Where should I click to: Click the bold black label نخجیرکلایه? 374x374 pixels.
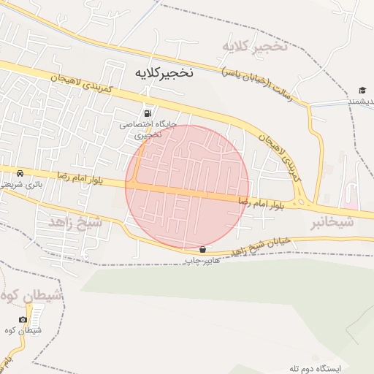coord(164,74)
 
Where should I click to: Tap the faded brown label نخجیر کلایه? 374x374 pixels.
coord(256,47)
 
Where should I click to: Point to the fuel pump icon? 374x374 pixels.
coord(149,113)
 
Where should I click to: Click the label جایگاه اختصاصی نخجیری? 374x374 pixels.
coord(148,129)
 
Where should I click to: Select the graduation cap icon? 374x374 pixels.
coord(362,91)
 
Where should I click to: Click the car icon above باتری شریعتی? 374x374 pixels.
coord(20,173)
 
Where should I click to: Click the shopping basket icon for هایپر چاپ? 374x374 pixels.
coord(202,249)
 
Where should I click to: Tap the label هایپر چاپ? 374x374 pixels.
coord(202,260)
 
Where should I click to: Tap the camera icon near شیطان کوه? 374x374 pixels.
coord(23,319)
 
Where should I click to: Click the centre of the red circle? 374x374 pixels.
coord(188,186)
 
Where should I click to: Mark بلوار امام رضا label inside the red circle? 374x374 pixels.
coord(262,202)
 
